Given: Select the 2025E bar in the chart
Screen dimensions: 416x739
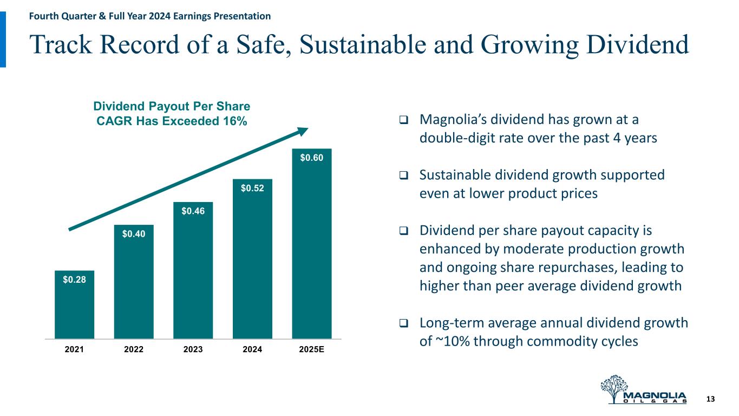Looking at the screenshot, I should pyautogui.click(x=311, y=244).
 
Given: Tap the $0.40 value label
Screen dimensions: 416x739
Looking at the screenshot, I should pyautogui.click(x=133, y=234).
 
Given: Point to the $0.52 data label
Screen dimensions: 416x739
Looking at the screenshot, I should pyautogui.click(x=252, y=188).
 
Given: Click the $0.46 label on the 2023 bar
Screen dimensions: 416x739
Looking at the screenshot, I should pyautogui.click(x=193, y=211).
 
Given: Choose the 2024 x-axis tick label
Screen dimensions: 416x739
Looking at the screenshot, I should pyautogui.click(x=252, y=349).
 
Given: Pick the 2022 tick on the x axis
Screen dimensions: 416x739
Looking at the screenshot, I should pyautogui.click(x=134, y=349).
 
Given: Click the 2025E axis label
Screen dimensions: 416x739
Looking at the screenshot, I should pyautogui.click(x=311, y=349).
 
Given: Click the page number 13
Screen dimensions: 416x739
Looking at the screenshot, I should pyautogui.click(x=711, y=399).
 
